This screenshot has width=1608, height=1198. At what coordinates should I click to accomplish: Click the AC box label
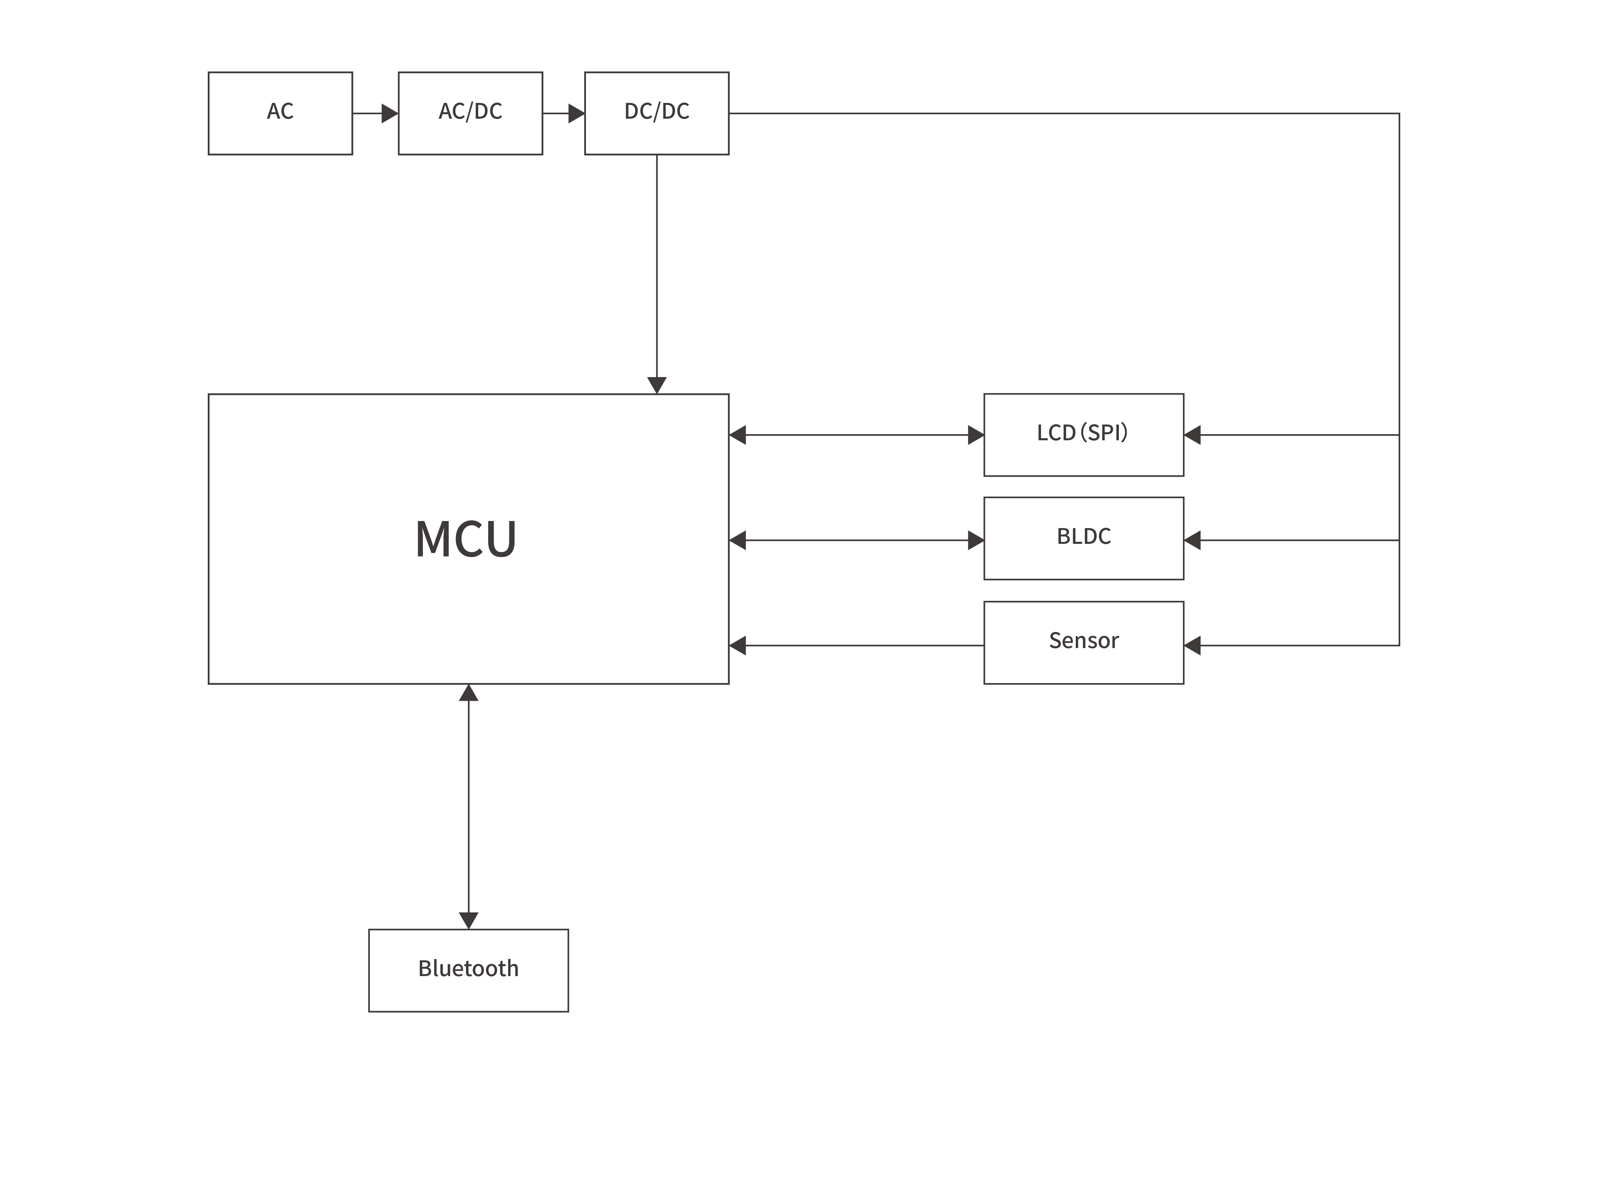[x=280, y=111]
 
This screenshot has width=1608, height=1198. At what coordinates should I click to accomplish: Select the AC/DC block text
[x=470, y=111]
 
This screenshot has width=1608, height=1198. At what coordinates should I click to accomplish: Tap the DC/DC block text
[x=656, y=111]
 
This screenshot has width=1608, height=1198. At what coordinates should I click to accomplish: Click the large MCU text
[x=465, y=539]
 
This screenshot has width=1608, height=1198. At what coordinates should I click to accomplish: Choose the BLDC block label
[x=1083, y=537]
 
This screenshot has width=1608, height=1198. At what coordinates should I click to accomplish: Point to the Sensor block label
[x=1083, y=640]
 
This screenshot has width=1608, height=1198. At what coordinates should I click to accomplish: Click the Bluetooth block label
[x=468, y=969]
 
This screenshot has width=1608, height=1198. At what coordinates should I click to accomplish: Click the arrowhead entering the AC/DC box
[x=390, y=113]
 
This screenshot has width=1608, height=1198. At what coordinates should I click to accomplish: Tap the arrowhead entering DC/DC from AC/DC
[x=576, y=113]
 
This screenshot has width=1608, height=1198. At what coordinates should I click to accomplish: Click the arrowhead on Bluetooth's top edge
[x=468, y=920]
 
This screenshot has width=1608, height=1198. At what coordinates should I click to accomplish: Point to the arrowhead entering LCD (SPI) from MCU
[x=976, y=435]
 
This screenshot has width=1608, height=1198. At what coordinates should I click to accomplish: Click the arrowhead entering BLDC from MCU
[x=976, y=540]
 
